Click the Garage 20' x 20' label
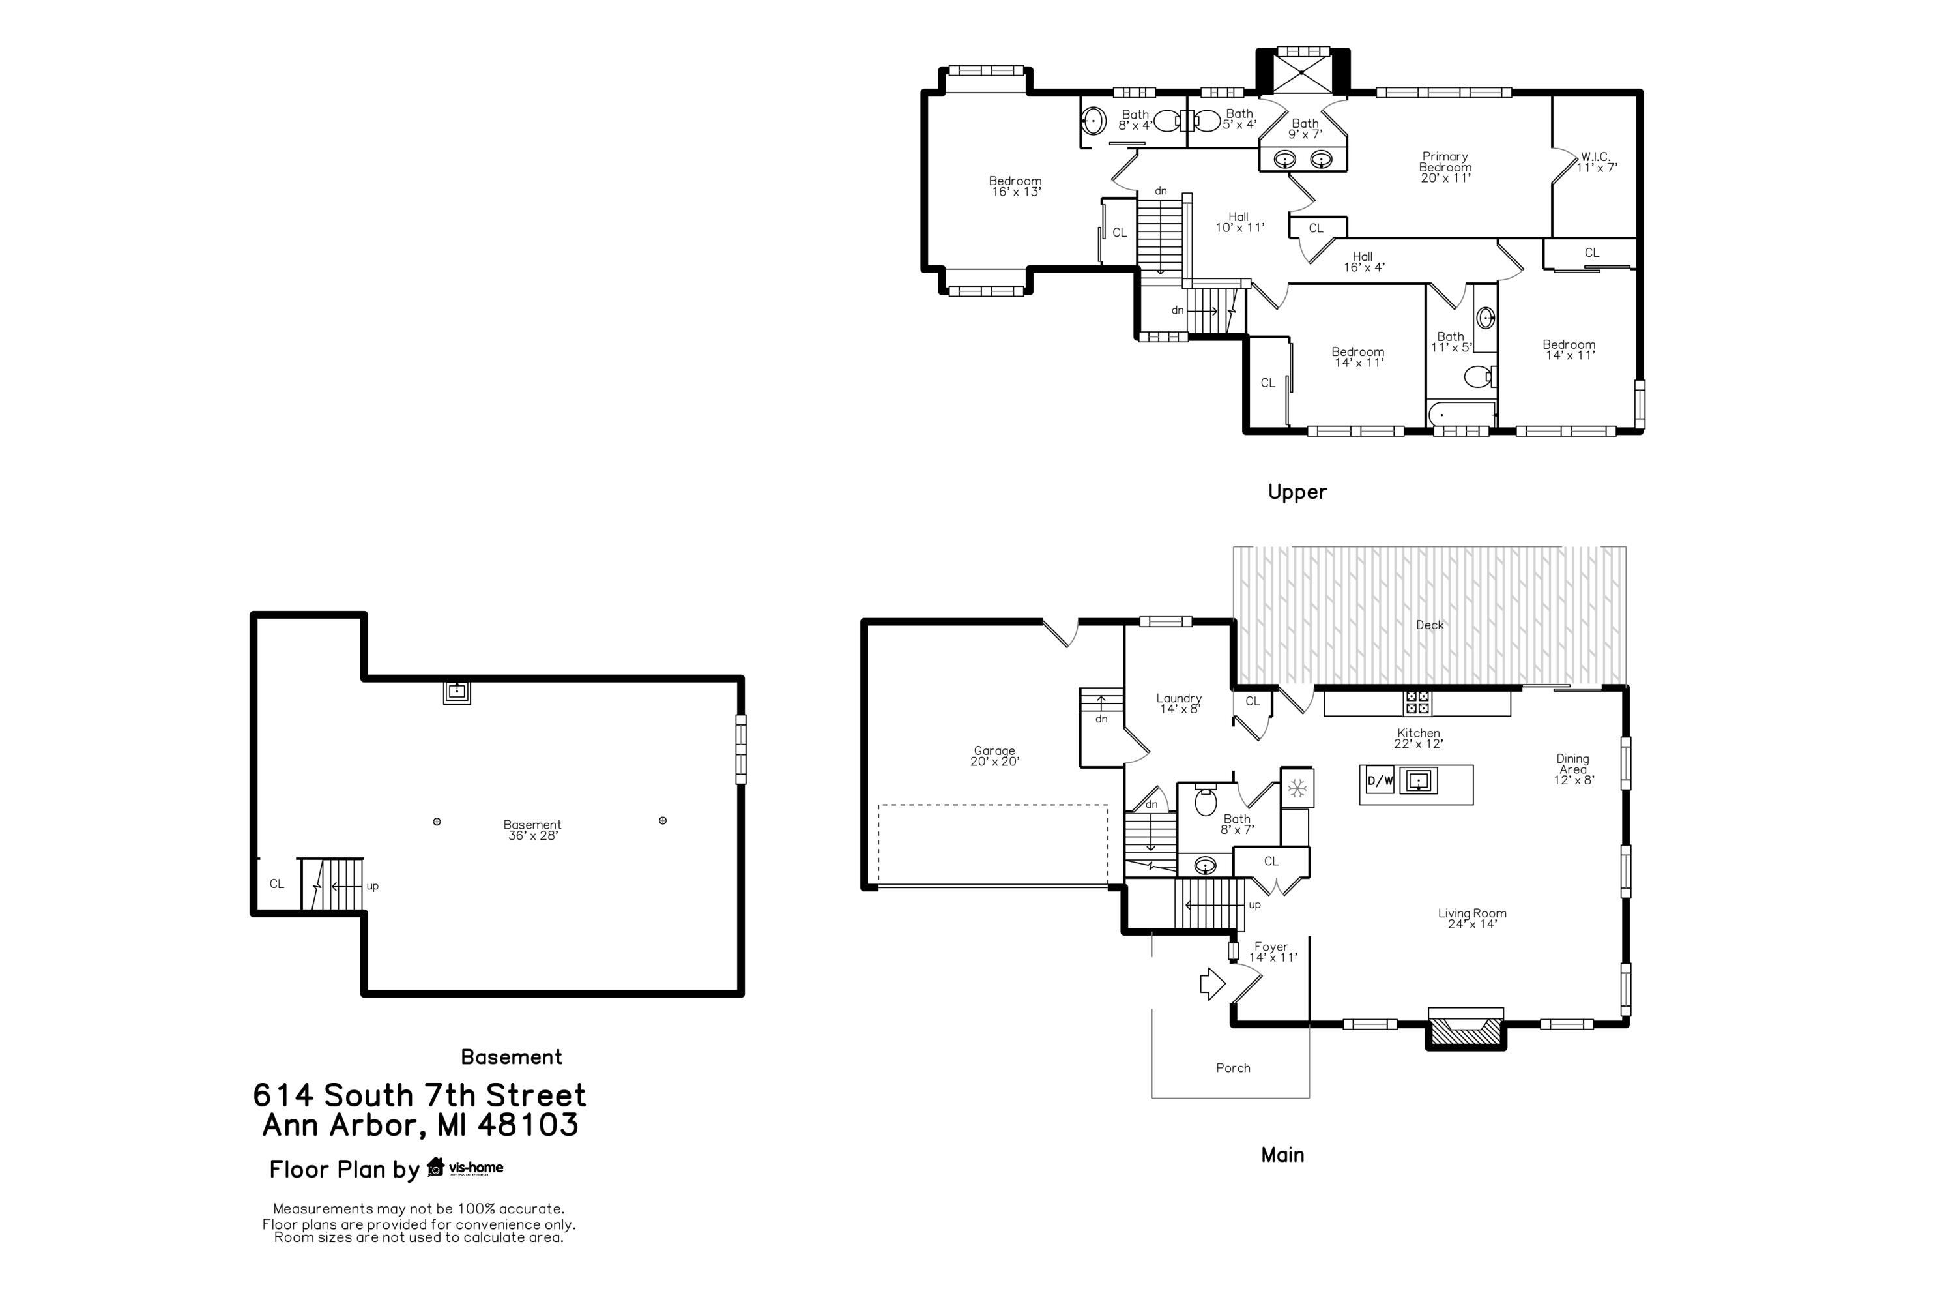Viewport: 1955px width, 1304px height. [x=994, y=756]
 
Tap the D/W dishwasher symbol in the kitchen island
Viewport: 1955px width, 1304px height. [x=1380, y=781]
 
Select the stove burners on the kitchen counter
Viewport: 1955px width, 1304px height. [x=1417, y=704]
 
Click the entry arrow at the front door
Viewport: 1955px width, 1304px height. [x=1213, y=984]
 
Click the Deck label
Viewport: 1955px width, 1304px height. [x=1430, y=625]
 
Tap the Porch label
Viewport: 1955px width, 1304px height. [x=1233, y=1068]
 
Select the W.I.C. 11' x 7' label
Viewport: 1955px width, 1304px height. [x=1596, y=162]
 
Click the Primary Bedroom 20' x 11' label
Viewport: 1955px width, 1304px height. [x=1445, y=167]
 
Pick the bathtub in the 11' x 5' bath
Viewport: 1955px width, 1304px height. [x=1461, y=413]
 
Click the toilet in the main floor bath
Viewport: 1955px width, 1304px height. [x=1205, y=802]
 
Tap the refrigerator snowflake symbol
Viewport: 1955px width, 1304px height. [x=1297, y=788]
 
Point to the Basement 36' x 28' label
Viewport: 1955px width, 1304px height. [x=532, y=830]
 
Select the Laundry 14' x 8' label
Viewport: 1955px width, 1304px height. [x=1179, y=704]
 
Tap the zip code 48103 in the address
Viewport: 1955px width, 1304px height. [x=528, y=1125]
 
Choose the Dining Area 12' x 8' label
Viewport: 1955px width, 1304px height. [x=1572, y=769]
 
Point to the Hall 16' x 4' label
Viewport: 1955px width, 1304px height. [x=1363, y=262]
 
